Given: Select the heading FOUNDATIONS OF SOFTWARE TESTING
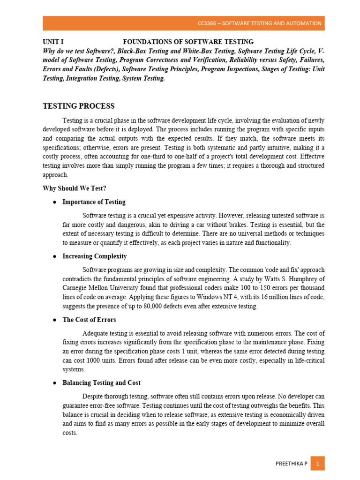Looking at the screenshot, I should click(188, 42).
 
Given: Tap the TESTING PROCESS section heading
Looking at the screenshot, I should click(79, 106).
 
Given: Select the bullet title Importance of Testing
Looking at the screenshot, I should click(94, 202).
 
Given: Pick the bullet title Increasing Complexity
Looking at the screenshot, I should click(94, 256).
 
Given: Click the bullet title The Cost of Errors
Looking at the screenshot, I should click(89, 320).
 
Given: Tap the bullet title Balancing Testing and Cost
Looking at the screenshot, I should click(101, 383).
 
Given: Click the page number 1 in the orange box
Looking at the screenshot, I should click(317, 464).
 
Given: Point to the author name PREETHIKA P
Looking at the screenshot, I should click(291, 464).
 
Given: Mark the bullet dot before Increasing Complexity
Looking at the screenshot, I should click(54, 257).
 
